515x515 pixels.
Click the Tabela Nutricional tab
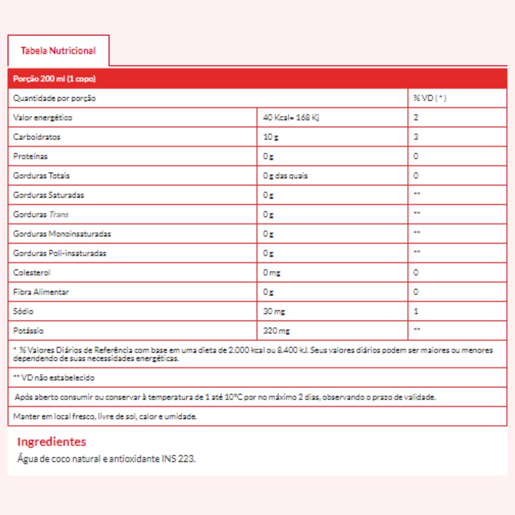(58, 51)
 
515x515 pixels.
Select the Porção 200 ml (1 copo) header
(54, 79)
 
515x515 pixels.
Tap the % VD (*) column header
(430, 98)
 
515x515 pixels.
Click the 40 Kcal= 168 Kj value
(291, 118)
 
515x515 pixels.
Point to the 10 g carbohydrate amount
(271, 137)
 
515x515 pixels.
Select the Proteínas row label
(31, 156)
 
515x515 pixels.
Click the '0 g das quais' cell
(285, 176)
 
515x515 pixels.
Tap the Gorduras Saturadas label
(49, 195)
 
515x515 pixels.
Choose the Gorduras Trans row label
(41, 214)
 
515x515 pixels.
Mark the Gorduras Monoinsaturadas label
(62, 234)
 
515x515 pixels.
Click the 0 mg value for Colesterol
(272, 273)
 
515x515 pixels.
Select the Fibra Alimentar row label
(41, 292)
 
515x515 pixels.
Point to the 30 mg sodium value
(274, 311)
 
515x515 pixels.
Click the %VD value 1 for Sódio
(416, 311)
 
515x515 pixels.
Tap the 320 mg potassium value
(276, 331)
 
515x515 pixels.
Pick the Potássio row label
(29, 331)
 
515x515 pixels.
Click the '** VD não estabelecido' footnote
(54, 377)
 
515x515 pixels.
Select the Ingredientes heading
(52, 442)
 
